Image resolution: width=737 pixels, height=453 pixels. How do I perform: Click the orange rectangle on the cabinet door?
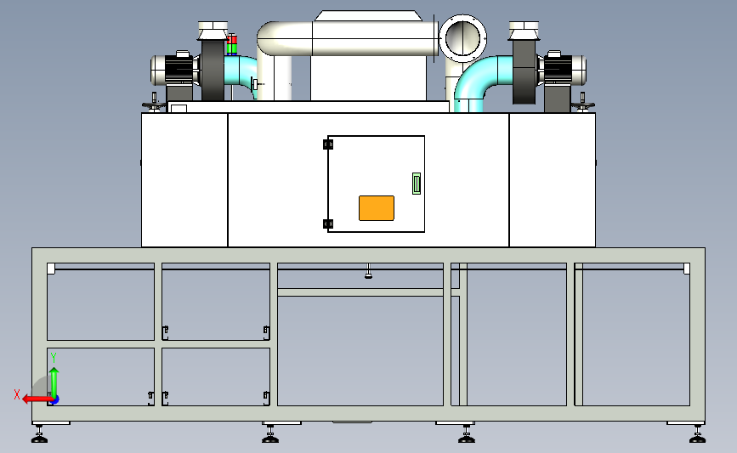click(x=377, y=207)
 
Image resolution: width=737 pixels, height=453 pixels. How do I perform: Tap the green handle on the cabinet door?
click(x=416, y=183)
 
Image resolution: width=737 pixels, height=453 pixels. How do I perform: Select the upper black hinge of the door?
click(x=328, y=144)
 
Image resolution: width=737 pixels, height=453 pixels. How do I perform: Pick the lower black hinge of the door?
click(x=328, y=224)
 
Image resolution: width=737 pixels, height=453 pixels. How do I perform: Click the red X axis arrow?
click(x=34, y=398)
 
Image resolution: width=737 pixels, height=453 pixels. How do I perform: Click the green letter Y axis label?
click(x=53, y=357)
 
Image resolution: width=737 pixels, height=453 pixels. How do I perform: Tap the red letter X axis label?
click(x=16, y=394)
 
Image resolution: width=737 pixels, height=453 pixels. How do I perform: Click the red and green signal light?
click(x=232, y=43)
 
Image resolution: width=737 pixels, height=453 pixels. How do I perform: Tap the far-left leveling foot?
click(x=39, y=437)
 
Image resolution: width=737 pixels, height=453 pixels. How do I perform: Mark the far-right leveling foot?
click(x=697, y=437)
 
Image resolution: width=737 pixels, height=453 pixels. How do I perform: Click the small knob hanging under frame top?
click(x=368, y=273)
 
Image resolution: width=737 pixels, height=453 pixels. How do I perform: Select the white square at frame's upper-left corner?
click(x=51, y=269)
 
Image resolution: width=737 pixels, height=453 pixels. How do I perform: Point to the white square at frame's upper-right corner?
click(x=687, y=269)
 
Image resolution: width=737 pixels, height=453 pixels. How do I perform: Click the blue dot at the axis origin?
click(x=54, y=399)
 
